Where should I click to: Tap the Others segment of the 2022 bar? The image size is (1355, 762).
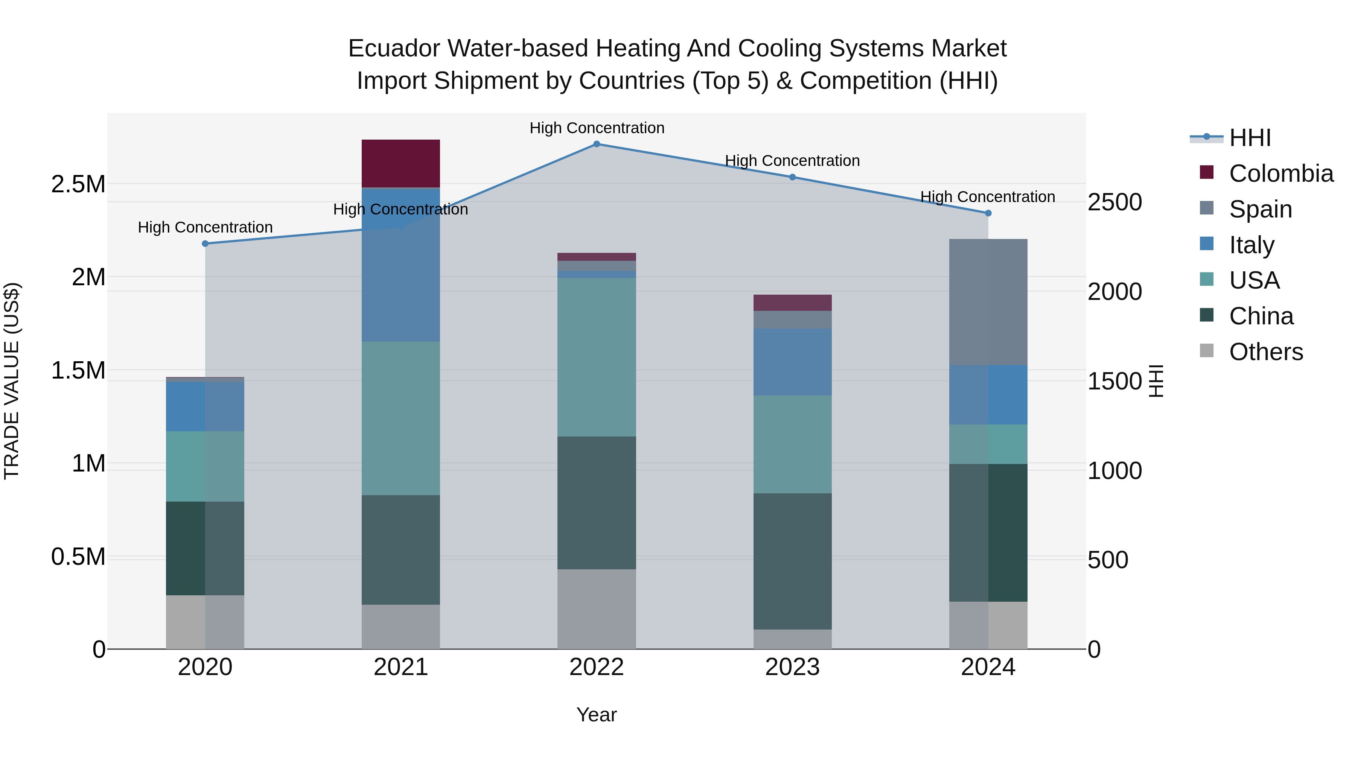point(597,609)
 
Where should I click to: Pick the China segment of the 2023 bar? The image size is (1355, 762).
point(792,561)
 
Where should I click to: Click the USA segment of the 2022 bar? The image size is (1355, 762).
point(597,357)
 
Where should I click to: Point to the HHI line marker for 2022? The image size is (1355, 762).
point(597,144)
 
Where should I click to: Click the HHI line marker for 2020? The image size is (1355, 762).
point(205,243)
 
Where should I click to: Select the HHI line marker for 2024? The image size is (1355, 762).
point(988,213)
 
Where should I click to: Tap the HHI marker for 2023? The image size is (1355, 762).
point(792,177)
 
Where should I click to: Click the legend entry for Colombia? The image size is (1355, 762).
point(1281,173)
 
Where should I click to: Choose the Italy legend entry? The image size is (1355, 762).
point(1251,245)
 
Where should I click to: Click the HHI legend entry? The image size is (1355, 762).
point(1250,138)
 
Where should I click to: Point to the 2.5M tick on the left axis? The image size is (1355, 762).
point(78,184)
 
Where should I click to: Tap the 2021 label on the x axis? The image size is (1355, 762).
point(400,667)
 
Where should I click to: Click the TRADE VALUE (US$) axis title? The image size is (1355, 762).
point(12,381)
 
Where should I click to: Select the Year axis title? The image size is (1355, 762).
point(597,715)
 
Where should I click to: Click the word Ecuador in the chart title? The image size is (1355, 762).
point(394,49)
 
